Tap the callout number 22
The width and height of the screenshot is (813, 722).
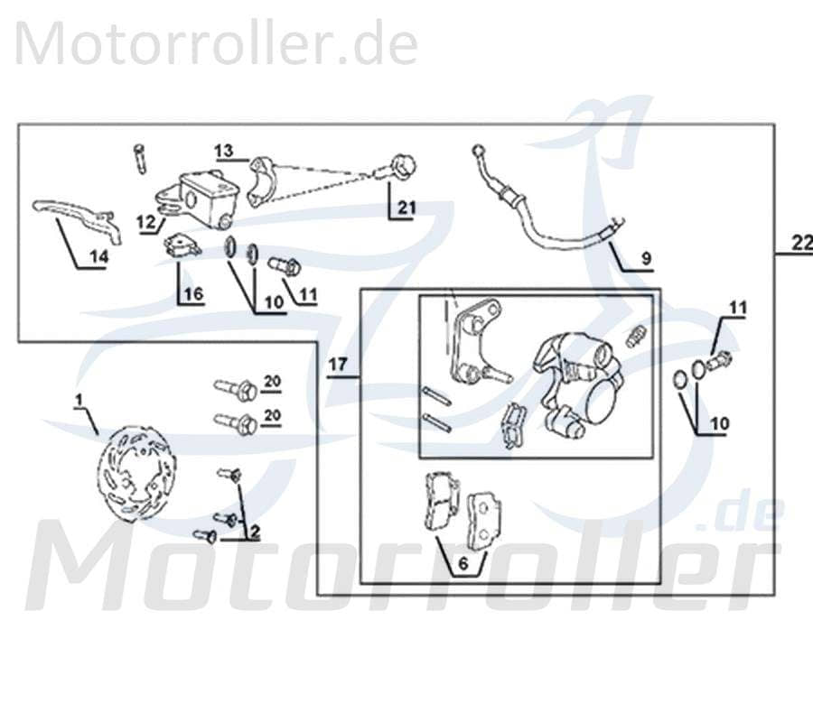point(800,243)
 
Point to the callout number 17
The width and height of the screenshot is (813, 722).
point(338,366)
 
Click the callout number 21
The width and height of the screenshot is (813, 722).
point(406,208)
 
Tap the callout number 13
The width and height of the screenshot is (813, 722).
point(224,149)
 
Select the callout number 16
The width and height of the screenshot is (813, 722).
point(194,293)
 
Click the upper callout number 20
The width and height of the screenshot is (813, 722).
point(273,382)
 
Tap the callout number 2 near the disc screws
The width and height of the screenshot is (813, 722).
point(255,532)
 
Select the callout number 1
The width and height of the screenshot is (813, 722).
point(79,399)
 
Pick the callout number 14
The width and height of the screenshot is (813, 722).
point(98,257)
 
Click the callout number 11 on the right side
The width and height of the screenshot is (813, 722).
point(738,310)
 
